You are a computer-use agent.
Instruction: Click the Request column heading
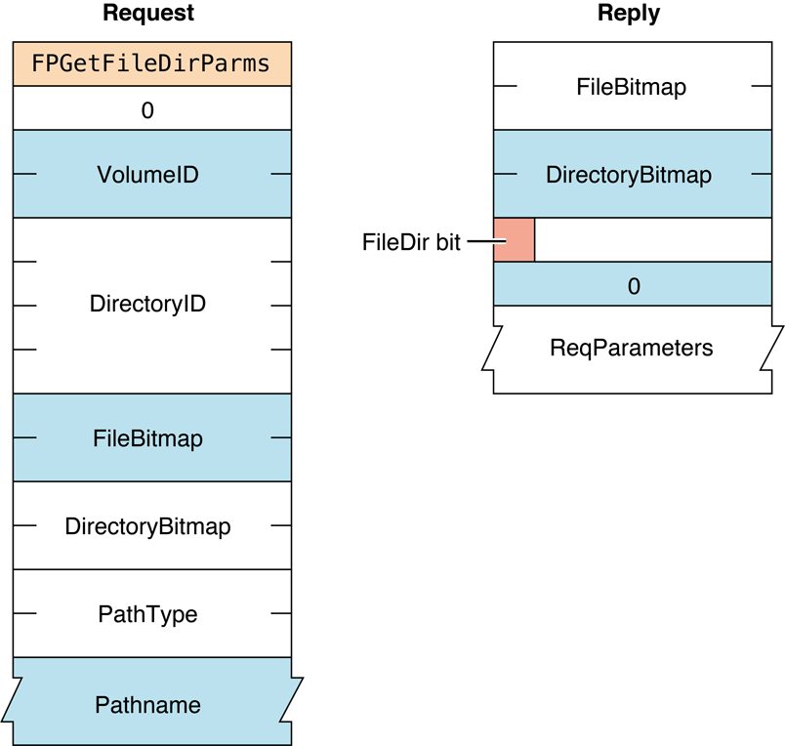coord(147,14)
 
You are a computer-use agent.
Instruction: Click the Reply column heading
coord(628,14)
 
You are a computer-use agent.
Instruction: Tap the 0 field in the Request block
coord(148,110)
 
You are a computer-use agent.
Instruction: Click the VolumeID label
coord(147,175)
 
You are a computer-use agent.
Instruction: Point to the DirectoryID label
coord(147,304)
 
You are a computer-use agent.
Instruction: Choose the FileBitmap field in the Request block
coord(147,438)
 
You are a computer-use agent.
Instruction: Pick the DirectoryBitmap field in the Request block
coord(147,526)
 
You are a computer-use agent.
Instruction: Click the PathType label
coord(147,614)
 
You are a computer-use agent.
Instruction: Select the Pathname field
coord(147,704)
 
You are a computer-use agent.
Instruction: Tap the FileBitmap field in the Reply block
coord(631,87)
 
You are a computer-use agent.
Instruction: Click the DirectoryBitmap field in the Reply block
coord(628,176)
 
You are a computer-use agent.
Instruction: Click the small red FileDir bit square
coord(514,240)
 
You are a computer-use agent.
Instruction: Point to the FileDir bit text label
coord(411,243)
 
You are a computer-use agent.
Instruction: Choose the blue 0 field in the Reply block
coord(633,285)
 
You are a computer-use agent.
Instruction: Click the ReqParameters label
coord(631,348)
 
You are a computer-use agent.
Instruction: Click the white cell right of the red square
coord(652,240)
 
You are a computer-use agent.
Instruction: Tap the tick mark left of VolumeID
coord(25,175)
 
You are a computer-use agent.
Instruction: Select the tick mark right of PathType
coord(280,614)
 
